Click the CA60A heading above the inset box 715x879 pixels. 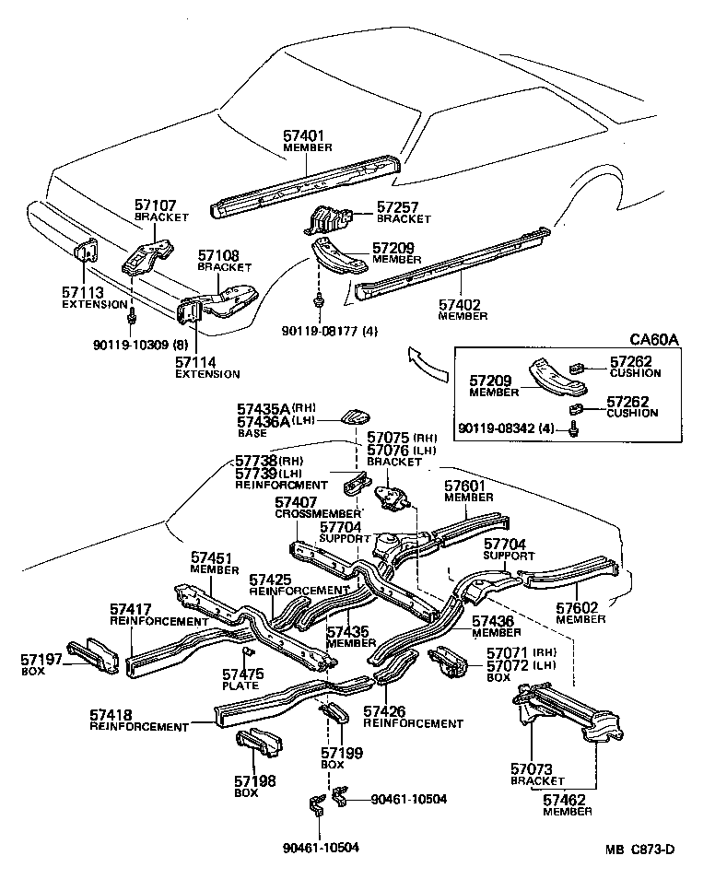pos(654,339)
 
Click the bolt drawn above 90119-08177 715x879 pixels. pos(318,300)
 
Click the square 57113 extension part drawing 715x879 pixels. pos(88,252)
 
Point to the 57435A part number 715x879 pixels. pos(264,408)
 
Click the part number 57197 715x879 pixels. pos(42,660)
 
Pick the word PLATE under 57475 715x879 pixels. pos(240,686)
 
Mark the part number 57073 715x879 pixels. pos(531,768)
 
